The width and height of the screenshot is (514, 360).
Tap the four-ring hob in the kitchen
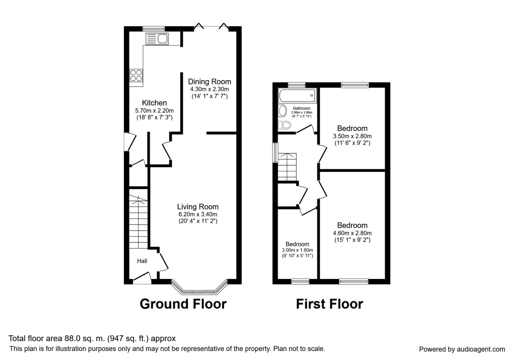coord(136,75)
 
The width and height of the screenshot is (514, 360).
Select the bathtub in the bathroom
coord(297,95)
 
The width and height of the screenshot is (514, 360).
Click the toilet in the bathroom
coord(284,125)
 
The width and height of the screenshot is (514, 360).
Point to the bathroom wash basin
coord(283,111)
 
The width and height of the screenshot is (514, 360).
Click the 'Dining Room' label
coord(209,81)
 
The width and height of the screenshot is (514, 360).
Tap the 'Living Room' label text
coord(198,206)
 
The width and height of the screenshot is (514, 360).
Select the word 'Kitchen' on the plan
coord(154,103)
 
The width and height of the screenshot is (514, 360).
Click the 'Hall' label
coord(142,261)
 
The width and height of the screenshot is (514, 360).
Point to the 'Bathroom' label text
coord(302,108)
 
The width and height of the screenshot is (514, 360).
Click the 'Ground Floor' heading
coord(183,304)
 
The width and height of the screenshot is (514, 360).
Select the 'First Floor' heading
coord(329,304)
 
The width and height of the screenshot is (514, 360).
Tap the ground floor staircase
coord(138,223)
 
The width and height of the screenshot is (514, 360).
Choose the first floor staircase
coord(286,167)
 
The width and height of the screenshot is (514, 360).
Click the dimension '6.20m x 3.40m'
coord(198,214)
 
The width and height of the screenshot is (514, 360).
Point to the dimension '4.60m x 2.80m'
coord(352,233)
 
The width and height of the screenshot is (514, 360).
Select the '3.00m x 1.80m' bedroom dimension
coord(297,250)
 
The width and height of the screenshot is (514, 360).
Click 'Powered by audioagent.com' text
coord(462,349)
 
